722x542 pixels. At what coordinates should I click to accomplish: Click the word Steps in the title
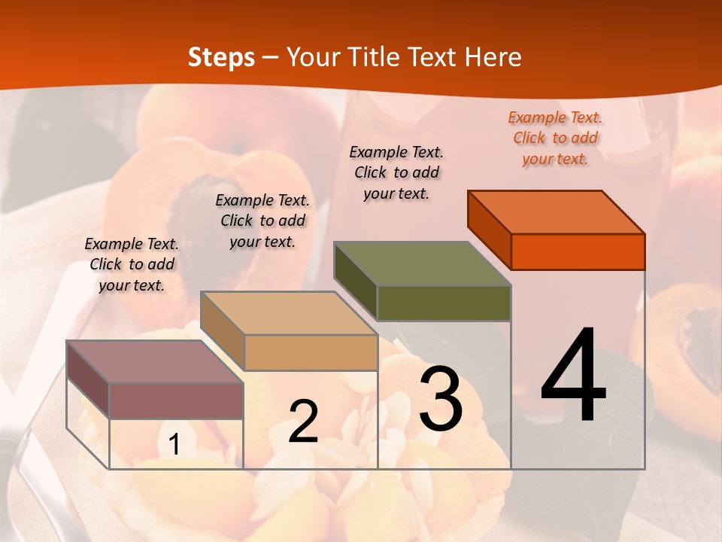coord(221,57)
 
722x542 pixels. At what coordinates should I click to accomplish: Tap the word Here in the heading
coord(493,57)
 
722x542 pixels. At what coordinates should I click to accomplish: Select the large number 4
coord(573,376)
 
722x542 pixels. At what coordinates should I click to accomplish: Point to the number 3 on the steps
coord(441,399)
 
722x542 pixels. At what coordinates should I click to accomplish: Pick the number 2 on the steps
coord(303,422)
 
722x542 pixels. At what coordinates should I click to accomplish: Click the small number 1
coord(174,445)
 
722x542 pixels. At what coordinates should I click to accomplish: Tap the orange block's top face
coord(557,212)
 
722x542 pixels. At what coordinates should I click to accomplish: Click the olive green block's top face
coord(422,263)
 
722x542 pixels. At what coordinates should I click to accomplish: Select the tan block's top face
coord(289,313)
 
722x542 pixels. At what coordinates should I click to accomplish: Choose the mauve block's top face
coord(155,362)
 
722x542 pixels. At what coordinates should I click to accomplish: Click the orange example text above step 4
coord(555,139)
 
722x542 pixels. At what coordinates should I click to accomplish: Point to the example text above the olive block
coord(396,172)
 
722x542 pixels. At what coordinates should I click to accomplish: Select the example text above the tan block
coord(262,221)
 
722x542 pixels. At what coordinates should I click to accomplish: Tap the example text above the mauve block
coord(132,264)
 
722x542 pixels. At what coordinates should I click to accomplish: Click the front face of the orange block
coord(578,251)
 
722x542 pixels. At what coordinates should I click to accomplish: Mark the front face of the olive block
coord(444,303)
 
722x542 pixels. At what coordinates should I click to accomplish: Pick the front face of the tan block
coord(311,352)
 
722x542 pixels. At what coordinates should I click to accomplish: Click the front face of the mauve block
coord(176,400)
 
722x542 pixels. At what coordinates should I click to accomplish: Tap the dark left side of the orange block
coord(489,229)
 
